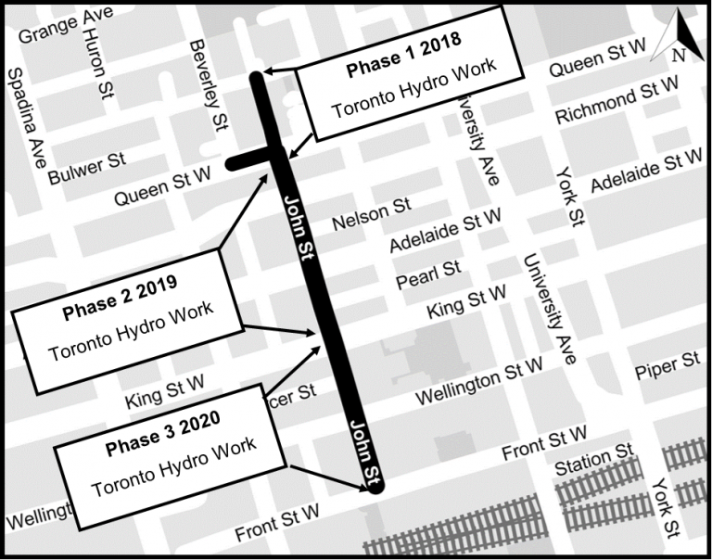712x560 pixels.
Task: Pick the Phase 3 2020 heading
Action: pyautogui.click(x=162, y=434)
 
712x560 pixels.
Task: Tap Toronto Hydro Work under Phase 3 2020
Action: pyautogui.click(x=172, y=472)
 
